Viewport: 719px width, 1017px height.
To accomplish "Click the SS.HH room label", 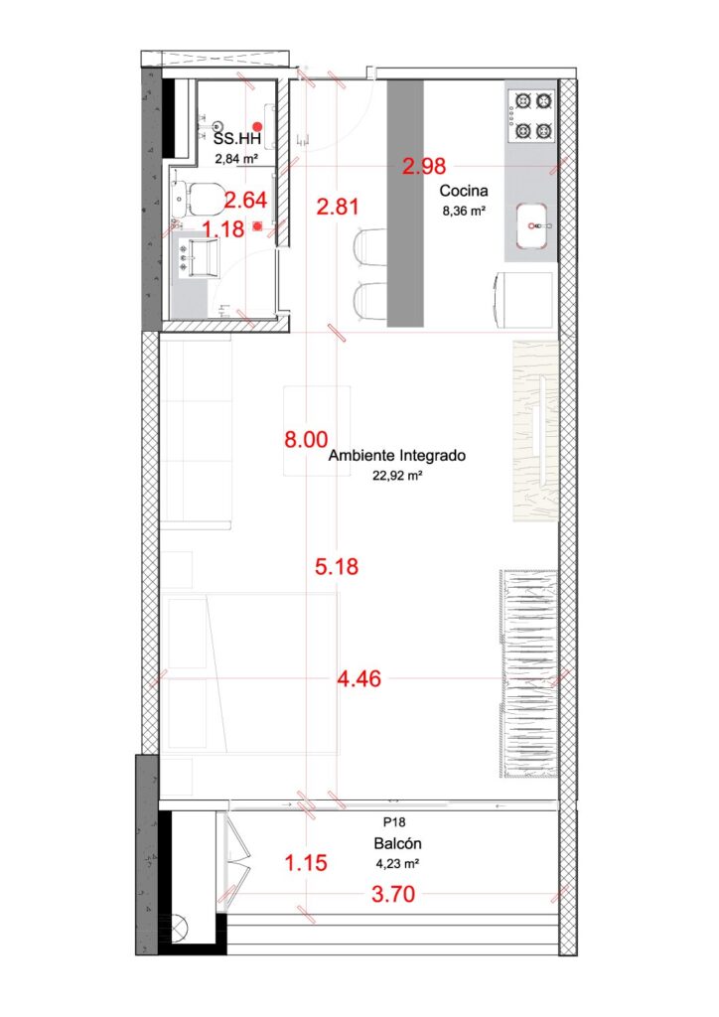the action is (236, 138).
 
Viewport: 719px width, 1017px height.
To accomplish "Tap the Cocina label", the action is (464, 191).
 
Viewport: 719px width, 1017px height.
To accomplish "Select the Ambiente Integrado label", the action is (397, 455).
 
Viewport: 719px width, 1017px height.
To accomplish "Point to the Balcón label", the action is (397, 843).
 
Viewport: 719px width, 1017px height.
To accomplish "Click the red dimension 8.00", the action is (306, 439).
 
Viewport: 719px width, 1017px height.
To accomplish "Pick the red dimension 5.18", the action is (337, 566).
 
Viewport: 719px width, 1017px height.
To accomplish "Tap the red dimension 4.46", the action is (359, 679).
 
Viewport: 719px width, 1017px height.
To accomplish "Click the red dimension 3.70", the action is (393, 894).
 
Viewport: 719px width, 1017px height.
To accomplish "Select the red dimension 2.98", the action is (424, 166).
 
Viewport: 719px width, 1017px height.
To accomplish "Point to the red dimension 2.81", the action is (337, 207).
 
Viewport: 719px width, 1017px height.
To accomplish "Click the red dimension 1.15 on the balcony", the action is (306, 863).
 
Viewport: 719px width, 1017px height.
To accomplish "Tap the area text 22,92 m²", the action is (397, 476).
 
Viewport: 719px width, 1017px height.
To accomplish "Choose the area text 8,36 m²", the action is (464, 211).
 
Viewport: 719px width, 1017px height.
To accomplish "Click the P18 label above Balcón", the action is (394, 822).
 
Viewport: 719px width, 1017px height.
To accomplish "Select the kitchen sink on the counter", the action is (532, 225).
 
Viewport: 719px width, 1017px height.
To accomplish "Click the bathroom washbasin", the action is (198, 257).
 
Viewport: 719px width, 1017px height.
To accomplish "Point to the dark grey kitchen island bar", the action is (406, 203).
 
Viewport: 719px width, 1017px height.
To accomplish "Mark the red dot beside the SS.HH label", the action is (257, 126).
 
